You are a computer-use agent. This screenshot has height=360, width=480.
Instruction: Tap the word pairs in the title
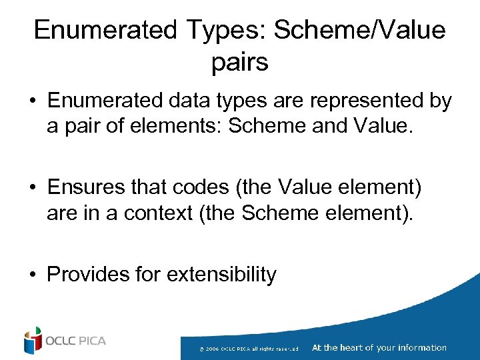(x=239, y=62)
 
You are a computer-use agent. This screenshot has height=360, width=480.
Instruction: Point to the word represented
(x=355, y=101)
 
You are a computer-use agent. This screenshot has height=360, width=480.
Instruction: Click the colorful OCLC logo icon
(x=32, y=341)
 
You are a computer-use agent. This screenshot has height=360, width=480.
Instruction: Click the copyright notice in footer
(x=254, y=348)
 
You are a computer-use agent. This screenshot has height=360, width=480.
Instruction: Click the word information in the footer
(x=421, y=347)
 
